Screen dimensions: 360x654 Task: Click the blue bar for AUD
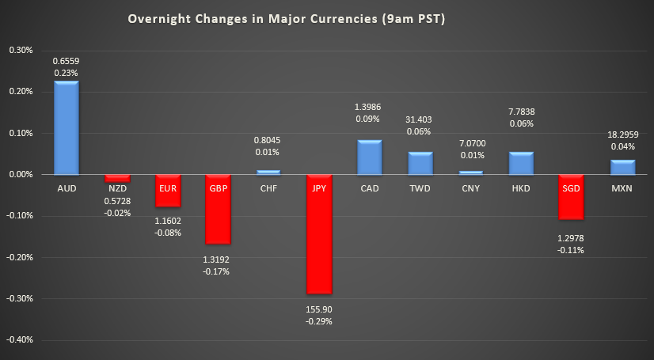(66, 127)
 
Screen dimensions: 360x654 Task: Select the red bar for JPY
(318, 234)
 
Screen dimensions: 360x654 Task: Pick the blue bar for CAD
(369, 157)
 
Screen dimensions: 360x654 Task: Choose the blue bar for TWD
(420, 163)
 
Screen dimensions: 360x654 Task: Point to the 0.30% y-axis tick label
(20, 50)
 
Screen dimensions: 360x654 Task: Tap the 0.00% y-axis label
(20, 175)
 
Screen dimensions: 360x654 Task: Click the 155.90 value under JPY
(318, 309)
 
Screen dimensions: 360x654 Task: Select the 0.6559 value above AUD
(66, 60)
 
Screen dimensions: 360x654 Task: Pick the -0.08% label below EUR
(167, 233)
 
